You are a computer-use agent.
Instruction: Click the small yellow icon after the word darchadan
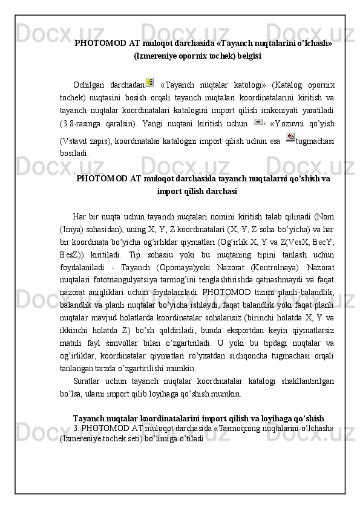click(149, 82)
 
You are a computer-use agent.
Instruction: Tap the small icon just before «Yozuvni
click(258, 122)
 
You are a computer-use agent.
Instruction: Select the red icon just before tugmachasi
click(290, 138)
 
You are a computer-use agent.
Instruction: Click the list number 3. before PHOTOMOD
click(75, 429)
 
